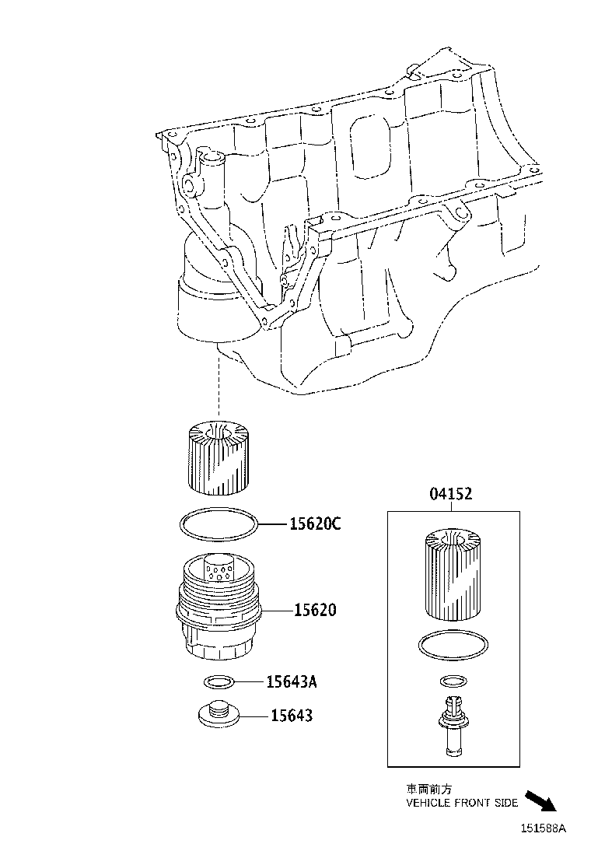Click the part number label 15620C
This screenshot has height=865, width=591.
[x=315, y=524]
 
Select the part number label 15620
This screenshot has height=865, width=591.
[x=315, y=610]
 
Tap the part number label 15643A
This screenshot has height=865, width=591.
[x=292, y=682]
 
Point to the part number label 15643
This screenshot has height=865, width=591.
[x=291, y=715]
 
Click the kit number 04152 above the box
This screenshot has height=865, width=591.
[x=451, y=494]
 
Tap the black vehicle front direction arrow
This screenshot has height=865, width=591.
[x=542, y=800]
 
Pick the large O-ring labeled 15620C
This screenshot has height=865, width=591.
[x=219, y=525]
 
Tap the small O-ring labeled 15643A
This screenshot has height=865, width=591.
[x=219, y=682]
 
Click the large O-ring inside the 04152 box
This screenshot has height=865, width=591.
[x=453, y=645]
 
